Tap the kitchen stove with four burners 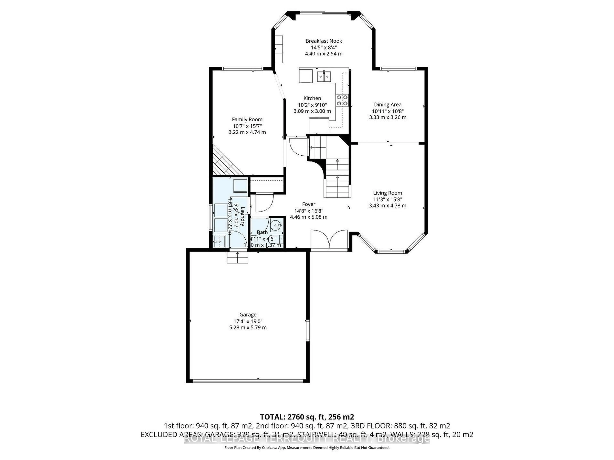(342, 100)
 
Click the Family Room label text (247, 119)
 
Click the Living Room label (387, 193)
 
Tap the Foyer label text (309, 204)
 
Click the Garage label (248, 315)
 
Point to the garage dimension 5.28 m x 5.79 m (248, 327)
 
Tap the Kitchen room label (312, 98)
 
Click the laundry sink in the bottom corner (219, 241)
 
